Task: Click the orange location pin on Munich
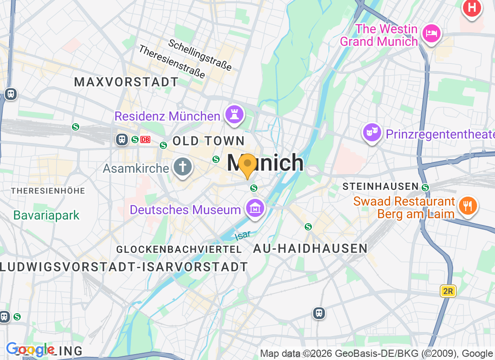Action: tap(247, 165)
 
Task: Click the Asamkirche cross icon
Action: tap(183, 167)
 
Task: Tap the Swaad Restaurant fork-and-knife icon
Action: tap(468, 207)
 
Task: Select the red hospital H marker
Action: tap(472, 7)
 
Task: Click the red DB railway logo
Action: tap(145, 139)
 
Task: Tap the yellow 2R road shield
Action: tap(448, 291)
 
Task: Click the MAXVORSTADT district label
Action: tap(126, 82)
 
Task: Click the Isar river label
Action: tap(242, 235)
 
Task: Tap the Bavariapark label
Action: tap(46, 215)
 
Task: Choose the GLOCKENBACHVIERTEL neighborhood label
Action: tap(179, 249)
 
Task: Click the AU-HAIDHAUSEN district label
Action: tap(310, 248)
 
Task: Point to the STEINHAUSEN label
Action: tap(381, 186)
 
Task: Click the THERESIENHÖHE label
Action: tap(48, 191)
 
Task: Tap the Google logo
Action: tap(30, 349)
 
